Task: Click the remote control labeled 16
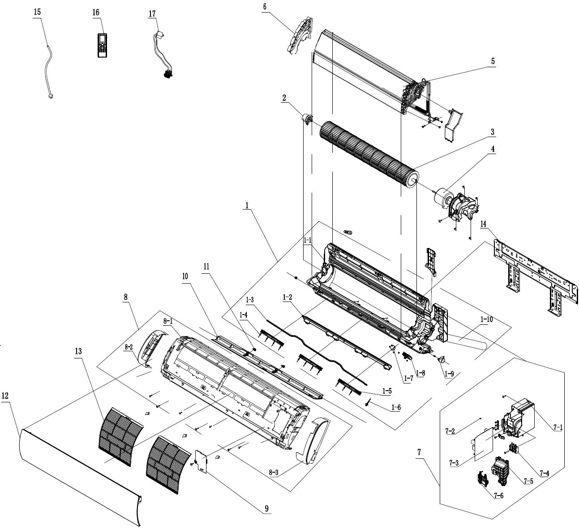coord(102,45)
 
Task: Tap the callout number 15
coord(37,12)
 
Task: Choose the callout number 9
coord(266,508)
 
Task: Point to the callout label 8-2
coord(129,347)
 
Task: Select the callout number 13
coord(78,352)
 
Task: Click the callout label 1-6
coord(395,408)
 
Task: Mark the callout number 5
coord(492,61)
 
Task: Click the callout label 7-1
coord(558,428)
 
